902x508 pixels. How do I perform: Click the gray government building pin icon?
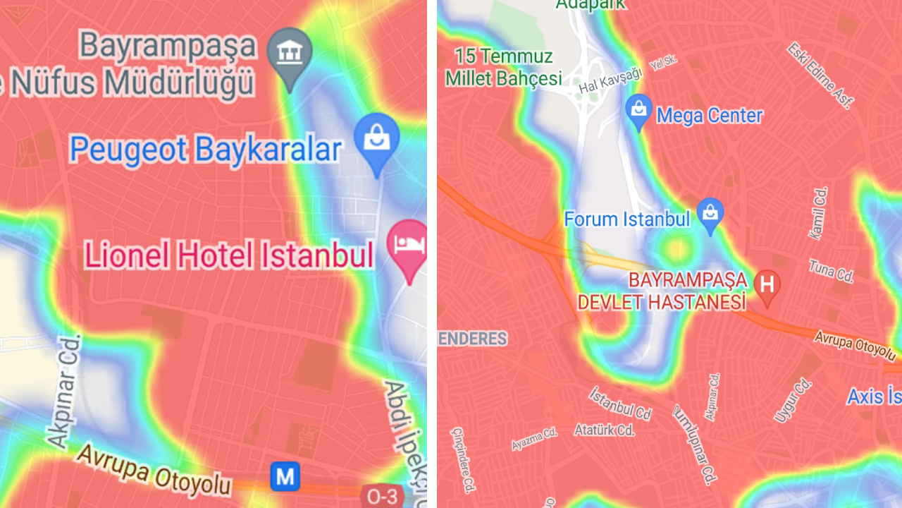click(x=289, y=52)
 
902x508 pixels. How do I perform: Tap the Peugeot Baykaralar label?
click(x=205, y=150)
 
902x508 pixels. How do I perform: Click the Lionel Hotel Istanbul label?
click(x=229, y=255)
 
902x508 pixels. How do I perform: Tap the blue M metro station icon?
click(x=285, y=477)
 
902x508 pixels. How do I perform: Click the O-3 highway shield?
click(x=382, y=496)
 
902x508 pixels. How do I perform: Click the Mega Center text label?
click(x=710, y=115)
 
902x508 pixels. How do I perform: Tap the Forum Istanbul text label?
click(x=627, y=219)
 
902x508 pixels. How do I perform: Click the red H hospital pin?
click(x=767, y=285)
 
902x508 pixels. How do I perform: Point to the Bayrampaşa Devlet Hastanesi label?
click(x=662, y=291)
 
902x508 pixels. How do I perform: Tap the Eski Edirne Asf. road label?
click(x=821, y=75)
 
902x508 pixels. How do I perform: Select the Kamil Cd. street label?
click(x=819, y=213)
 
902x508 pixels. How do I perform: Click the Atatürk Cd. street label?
click(x=604, y=429)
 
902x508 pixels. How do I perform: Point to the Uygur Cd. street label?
click(x=793, y=400)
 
